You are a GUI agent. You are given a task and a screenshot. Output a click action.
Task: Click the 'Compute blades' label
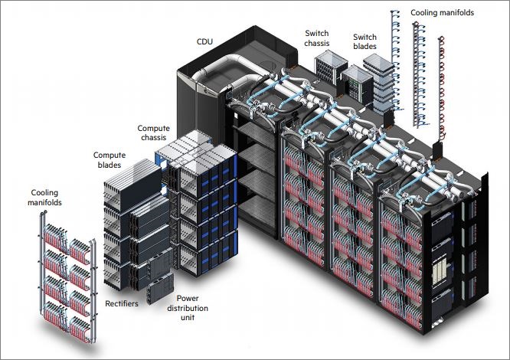click(110, 159)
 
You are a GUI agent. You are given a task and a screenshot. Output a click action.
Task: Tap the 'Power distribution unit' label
click(193, 308)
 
